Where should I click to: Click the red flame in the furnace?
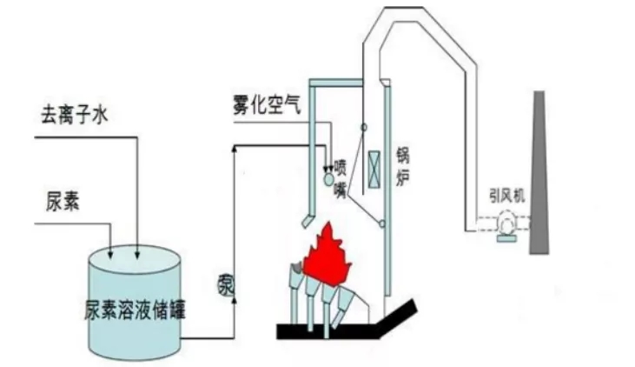pos(328,253)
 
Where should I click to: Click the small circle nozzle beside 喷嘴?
pos(327,178)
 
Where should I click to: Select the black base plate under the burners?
pos(347,330)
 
